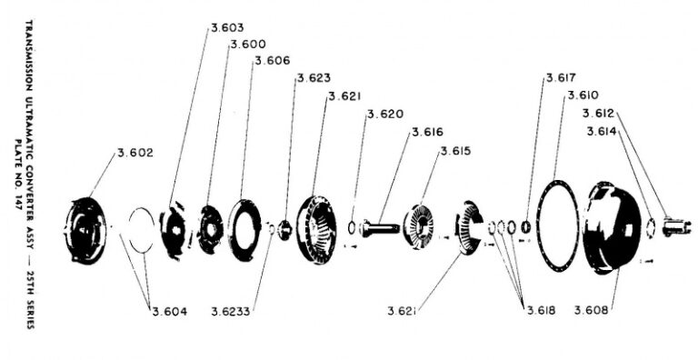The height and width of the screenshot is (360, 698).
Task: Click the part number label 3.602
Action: [135, 153]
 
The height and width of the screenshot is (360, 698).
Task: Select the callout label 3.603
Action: [227, 28]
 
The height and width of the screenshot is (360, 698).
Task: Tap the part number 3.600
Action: [248, 45]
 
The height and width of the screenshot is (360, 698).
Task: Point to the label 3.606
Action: [273, 61]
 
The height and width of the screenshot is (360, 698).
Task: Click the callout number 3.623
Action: [312, 78]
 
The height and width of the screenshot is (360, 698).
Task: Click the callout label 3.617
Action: [562, 79]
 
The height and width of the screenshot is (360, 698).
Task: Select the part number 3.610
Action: [583, 95]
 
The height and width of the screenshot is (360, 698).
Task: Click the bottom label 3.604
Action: [169, 311]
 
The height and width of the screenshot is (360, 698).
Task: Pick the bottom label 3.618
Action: [543, 311]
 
